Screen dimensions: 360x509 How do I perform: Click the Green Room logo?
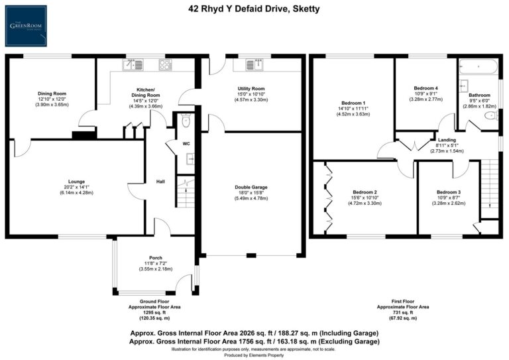pyautogui.click(x=27, y=27)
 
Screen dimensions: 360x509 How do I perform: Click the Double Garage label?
pyautogui.click(x=251, y=187)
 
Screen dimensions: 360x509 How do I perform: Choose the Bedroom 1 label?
pyautogui.click(x=353, y=103)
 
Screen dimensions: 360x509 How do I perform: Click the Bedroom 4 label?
pyautogui.click(x=425, y=88)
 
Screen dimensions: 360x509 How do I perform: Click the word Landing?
pyautogui.click(x=446, y=141)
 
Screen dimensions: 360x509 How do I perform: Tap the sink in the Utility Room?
pyautogui.click(x=253, y=64)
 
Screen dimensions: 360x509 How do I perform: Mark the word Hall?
pyautogui.click(x=160, y=181)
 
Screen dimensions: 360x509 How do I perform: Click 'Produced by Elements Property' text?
pyautogui.click(x=254, y=355)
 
